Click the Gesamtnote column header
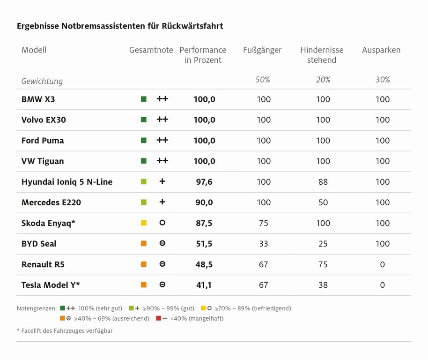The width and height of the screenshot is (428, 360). coord(151,50)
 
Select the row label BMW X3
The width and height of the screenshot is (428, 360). coord(38,99)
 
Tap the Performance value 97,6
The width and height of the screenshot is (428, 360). coord(204,182)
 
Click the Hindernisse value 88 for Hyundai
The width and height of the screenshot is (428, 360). coord(323,182)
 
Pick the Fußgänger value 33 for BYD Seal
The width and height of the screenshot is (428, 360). coord(263,244)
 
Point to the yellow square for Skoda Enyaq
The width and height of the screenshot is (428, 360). coord(144,223)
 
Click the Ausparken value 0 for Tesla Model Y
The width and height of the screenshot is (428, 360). coord(382,285)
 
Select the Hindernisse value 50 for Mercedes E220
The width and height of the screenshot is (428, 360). coord(323,202)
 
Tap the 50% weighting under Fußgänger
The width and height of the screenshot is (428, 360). coord(263,80)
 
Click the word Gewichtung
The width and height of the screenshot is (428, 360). coord(42,81)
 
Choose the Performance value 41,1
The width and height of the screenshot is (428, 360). coord(204,285)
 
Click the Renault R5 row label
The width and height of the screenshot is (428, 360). coord(43,264)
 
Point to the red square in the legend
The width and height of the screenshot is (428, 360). coord(158,319)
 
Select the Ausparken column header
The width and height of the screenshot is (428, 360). coord(381,50)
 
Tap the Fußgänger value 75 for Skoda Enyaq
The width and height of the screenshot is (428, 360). coord(263,223)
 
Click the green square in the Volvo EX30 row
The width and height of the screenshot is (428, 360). coord(144,120)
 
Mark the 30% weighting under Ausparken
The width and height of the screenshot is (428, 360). coord(383,80)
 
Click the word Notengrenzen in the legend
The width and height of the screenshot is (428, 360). coord(37,308)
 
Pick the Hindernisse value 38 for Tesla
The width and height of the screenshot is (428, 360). coord(323,285)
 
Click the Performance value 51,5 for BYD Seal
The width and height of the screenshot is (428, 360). coord(204,244)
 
